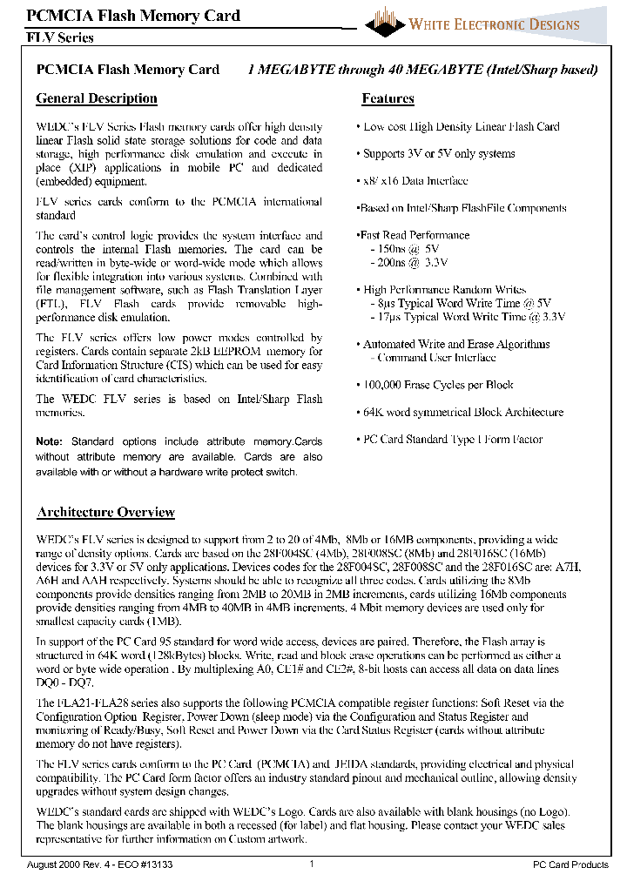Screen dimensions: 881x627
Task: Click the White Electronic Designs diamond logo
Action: (385, 22)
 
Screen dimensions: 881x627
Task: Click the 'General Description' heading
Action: (97, 98)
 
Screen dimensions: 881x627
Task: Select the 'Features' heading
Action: (388, 98)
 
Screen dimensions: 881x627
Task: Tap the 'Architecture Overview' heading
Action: (105, 512)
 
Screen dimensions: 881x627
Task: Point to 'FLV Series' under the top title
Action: (60, 37)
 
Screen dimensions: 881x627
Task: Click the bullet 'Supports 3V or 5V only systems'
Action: (439, 154)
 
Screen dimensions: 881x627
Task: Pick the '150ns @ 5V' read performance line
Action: (407, 249)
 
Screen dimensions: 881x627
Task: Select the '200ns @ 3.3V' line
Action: (411, 262)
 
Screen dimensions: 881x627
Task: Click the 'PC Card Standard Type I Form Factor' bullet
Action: (453, 440)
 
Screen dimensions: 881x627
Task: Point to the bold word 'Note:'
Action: (50, 442)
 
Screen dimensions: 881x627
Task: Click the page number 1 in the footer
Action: (312, 864)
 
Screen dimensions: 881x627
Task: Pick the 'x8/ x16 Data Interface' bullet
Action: (415, 181)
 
